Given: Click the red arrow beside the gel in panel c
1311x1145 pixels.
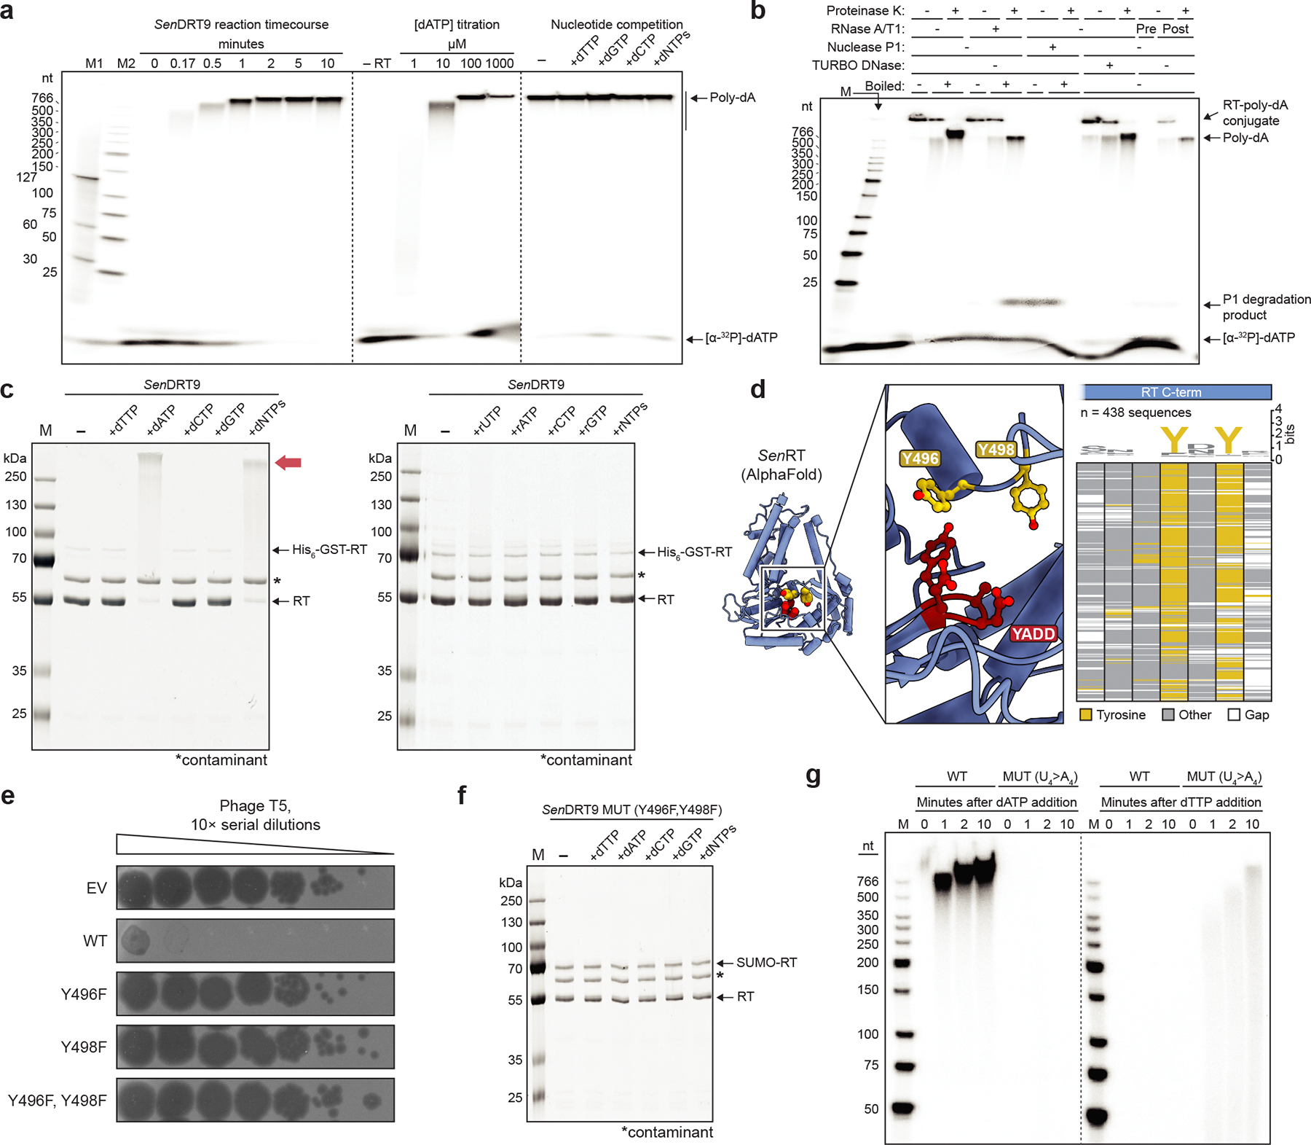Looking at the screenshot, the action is click(288, 462).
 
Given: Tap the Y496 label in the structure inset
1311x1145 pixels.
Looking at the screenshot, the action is click(920, 458).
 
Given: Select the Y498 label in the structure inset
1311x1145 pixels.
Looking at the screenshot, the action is click(996, 450).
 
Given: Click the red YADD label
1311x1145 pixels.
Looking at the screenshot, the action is click(1034, 633).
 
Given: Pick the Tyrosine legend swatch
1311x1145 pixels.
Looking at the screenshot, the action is click(1085, 715).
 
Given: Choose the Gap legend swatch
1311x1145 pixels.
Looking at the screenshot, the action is click(1234, 715).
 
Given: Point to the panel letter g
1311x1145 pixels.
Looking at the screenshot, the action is click(814, 775).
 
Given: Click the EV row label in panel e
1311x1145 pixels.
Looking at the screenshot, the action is click(96, 888).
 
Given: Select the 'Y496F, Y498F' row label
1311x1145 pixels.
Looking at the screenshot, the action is click(57, 1101).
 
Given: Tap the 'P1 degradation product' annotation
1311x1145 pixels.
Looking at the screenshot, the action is click(1267, 307).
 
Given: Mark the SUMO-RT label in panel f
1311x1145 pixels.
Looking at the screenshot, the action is click(767, 963).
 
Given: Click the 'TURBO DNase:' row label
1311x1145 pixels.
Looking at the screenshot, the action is click(858, 66).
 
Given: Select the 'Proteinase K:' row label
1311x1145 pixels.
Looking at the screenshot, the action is click(865, 11).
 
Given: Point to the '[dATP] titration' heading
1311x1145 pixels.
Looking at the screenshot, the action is click(457, 25).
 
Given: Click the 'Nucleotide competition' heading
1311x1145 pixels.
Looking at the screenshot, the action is click(617, 25).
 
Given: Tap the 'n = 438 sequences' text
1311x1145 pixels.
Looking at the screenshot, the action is click(1135, 413).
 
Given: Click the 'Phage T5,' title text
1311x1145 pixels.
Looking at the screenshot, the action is click(256, 806).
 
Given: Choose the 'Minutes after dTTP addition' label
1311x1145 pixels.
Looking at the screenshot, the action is click(1181, 802).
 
